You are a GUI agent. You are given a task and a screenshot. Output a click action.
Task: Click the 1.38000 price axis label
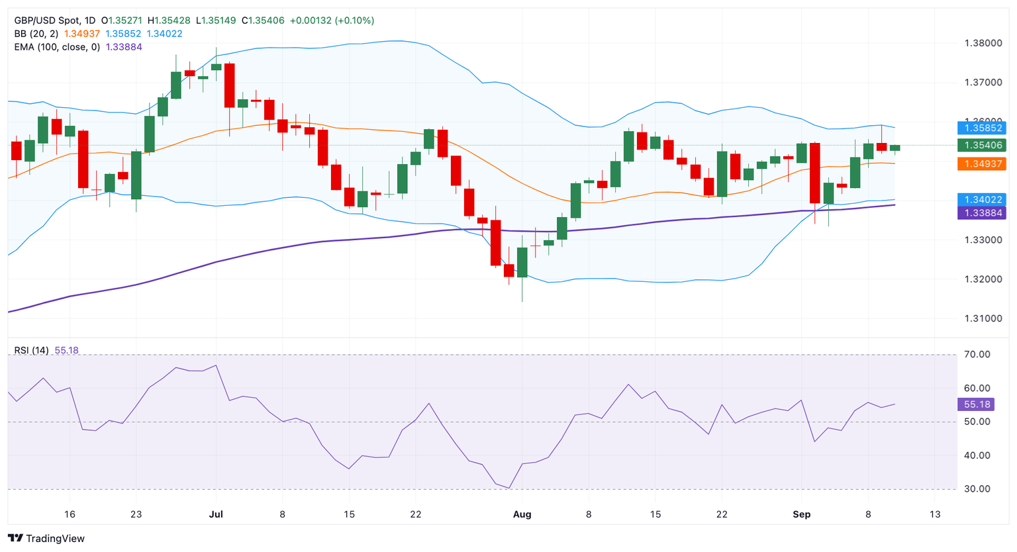pos(983,44)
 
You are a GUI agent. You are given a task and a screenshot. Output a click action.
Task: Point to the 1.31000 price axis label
pos(983,318)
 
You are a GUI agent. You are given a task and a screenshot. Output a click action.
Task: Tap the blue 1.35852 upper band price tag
pos(983,128)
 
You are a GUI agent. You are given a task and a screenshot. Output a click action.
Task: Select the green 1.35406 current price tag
pos(983,145)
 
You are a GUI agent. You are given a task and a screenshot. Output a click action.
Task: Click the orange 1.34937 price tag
pos(983,163)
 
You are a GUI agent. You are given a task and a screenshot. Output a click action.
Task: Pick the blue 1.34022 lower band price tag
pos(983,199)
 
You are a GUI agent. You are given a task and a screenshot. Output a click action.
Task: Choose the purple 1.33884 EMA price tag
pos(983,212)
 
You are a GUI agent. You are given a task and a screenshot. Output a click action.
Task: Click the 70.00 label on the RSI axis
pos(977,355)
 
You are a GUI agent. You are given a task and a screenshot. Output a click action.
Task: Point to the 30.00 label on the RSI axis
pos(977,489)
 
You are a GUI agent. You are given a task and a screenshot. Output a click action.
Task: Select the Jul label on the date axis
pos(216,514)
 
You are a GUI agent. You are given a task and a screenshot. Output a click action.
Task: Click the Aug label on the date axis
pos(522,514)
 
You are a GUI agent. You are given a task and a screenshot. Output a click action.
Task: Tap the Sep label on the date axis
pos(801,514)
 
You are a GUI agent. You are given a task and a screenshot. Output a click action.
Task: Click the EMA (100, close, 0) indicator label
pos(57,47)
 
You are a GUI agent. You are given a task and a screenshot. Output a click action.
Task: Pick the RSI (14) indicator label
pos(31,350)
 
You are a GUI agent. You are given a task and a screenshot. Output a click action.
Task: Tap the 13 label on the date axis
pos(935,514)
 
